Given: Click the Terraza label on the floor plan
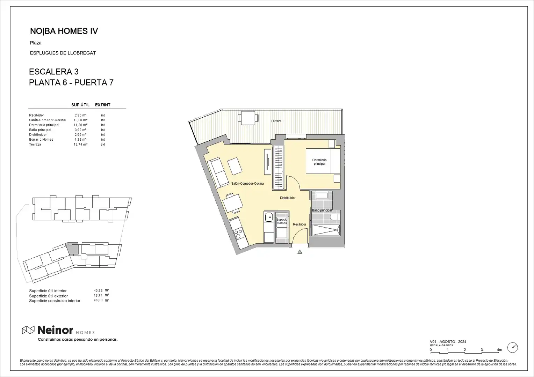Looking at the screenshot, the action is [x=276, y=121].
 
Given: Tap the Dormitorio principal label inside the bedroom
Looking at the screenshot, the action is [x=319, y=162].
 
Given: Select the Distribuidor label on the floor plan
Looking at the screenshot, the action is [x=288, y=198].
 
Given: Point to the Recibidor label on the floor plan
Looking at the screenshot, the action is [x=300, y=224].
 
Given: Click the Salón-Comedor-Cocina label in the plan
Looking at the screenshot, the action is [x=247, y=183].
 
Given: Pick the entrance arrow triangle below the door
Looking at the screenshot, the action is [x=300, y=252].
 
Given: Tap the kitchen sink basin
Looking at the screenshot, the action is [x=269, y=217].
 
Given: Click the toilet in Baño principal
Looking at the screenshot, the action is [x=335, y=217].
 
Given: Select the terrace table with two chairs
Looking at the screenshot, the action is [x=248, y=118].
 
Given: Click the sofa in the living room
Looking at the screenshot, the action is [x=218, y=172].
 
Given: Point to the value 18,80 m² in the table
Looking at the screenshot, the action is [x=81, y=120].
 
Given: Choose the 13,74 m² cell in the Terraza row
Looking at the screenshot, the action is [x=81, y=144].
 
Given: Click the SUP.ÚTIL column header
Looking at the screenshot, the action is [x=81, y=105].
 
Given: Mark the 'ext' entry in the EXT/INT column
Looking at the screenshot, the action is [x=103, y=144].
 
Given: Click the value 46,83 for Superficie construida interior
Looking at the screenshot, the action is [x=98, y=300].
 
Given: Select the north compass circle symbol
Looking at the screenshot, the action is [x=513, y=347].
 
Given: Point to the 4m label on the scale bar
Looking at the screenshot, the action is [x=499, y=350].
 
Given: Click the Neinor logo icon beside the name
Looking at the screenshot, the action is [x=28, y=330].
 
